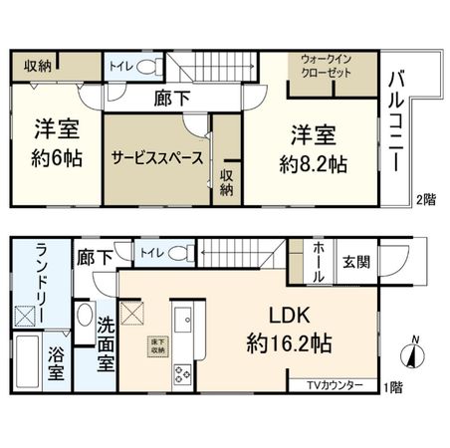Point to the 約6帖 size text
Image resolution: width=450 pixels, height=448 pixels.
click(x=56, y=158)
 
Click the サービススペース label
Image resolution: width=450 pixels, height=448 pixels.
click(x=157, y=158)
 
